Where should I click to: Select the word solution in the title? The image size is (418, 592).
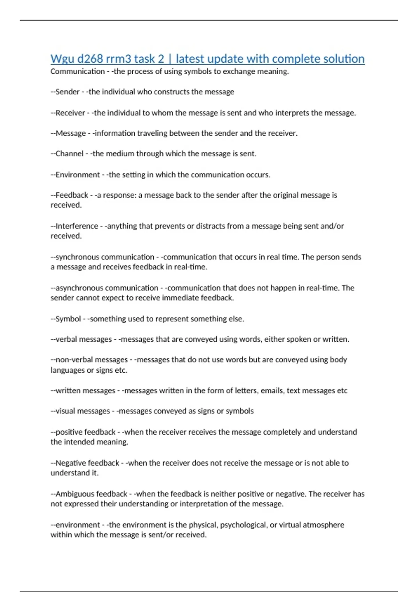point(344,59)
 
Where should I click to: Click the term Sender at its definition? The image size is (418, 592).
point(68,92)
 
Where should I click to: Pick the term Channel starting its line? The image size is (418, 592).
point(69,154)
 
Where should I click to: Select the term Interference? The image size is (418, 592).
point(77,226)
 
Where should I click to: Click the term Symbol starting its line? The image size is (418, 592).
point(68,319)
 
